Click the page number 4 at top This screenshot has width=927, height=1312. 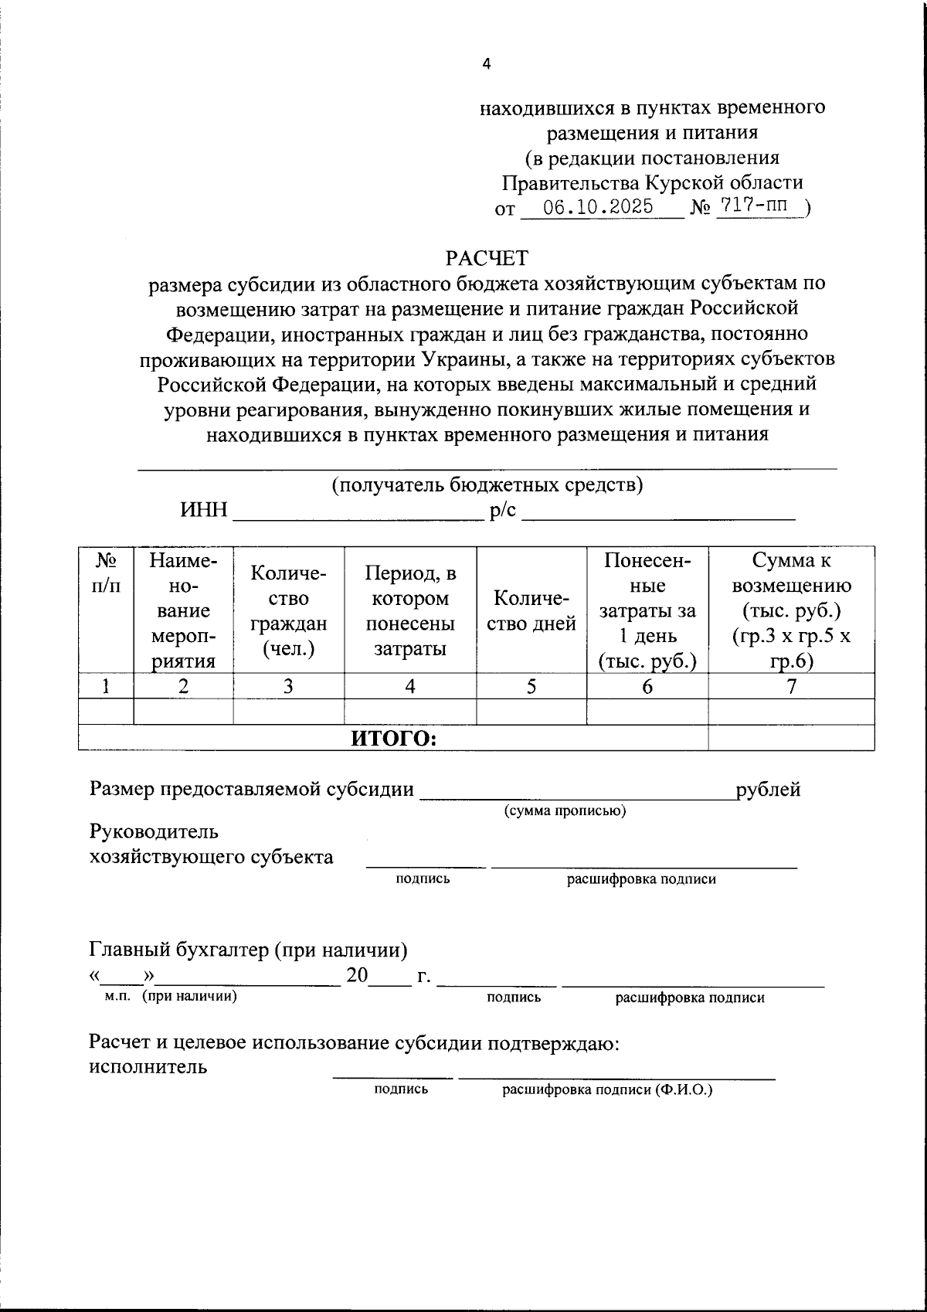tap(486, 65)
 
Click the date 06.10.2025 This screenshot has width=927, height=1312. tap(597, 207)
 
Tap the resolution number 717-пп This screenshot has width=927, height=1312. tap(759, 206)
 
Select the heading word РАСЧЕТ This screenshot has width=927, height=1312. tap(487, 257)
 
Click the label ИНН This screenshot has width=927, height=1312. tap(204, 511)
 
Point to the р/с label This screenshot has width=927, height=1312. tap(503, 511)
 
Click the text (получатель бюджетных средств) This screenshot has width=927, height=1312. tap(487, 485)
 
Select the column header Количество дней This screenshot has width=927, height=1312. tap(531, 610)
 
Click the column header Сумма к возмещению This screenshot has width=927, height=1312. tap(791, 610)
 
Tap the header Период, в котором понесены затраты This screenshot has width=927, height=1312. tap(409, 610)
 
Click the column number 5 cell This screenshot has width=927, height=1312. tap(531, 686)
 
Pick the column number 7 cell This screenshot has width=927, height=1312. tap(791, 686)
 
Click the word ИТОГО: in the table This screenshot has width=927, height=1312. tap(394, 739)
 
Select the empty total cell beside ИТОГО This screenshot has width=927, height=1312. tap(791, 739)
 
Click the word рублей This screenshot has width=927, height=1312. tap(768, 790)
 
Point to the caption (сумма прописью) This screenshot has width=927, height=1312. tap(565, 811)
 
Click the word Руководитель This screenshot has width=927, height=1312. tap(154, 832)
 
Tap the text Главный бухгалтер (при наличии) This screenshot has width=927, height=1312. tap(248, 950)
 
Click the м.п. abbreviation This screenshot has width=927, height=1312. tap(118, 996)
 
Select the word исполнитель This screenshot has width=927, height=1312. tap(148, 1067)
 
